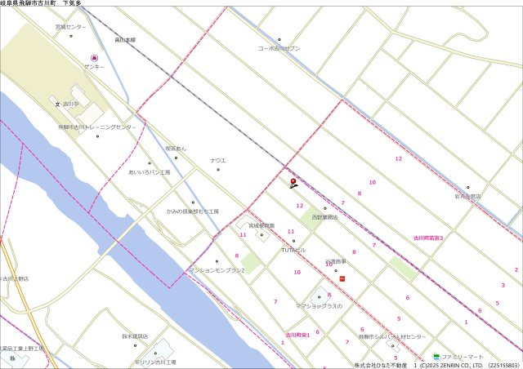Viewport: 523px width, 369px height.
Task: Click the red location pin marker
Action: pos(293,182)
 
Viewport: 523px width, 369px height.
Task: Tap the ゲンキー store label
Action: pos(93,66)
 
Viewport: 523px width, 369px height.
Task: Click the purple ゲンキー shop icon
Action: pos(94,58)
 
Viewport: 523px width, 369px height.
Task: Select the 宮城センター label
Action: pos(70,27)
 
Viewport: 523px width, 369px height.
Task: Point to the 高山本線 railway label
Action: pos(125,39)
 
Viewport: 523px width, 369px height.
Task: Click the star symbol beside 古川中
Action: pos(57,104)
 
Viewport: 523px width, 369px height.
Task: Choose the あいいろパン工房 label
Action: pos(149,172)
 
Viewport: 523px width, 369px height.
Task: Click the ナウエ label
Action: pos(217,160)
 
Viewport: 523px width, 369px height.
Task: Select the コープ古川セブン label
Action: pos(279,48)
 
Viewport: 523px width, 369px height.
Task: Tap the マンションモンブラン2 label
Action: pos(217,269)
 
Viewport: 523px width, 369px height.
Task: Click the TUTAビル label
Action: pos(293,249)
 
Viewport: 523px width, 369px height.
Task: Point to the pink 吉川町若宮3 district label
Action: pos(428,238)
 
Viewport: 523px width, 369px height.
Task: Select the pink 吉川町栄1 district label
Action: pos(297,335)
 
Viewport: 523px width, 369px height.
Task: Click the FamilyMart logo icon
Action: pos(436,357)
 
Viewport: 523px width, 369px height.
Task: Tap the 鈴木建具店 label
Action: pos(135,336)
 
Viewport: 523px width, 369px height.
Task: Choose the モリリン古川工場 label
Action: pos(154,362)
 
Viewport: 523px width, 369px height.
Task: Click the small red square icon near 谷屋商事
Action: pos(342,278)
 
